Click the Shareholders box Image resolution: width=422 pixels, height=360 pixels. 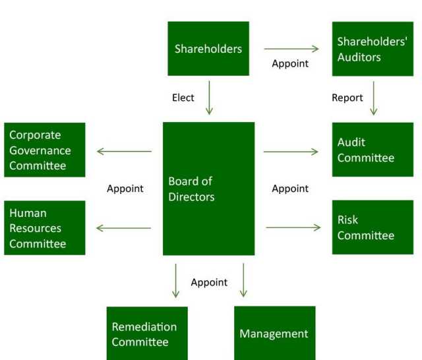tap(208, 48)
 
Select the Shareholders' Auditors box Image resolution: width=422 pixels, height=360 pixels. tap(373, 49)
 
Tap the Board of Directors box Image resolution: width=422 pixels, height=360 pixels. tap(208, 189)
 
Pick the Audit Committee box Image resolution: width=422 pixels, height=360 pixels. tap(373, 150)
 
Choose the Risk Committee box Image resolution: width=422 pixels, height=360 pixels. tap(373, 227)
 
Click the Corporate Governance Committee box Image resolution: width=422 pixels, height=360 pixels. tap(44, 150)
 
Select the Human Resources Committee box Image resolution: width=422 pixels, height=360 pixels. tap(44, 227)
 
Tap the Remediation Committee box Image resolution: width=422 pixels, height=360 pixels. tap(147, 334)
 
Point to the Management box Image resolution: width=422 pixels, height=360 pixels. tap(274, 334)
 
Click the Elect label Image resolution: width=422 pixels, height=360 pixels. tap(183, 98)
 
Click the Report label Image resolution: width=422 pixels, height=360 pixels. tap(347, 98)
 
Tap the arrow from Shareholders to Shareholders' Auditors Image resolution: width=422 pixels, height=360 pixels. tap(291, 48)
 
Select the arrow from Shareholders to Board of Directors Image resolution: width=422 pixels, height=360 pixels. tap(209, 98)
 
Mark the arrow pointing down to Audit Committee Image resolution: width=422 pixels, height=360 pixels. tap(374, 98)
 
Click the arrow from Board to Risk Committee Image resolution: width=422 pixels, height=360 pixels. tap(293, 227)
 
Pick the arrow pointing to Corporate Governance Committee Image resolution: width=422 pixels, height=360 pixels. tap(124, 151)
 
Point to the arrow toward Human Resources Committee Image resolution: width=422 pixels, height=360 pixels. tap(124, 228)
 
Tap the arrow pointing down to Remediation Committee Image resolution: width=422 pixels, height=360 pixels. tap(175, 280)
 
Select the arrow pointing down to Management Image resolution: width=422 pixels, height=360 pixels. tap(243, 280)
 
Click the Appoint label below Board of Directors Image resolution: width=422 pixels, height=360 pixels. tap(209, 282)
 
